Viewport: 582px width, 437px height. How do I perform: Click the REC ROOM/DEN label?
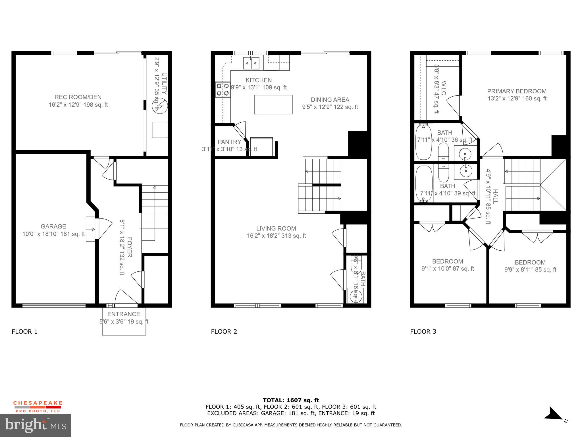point(78,97)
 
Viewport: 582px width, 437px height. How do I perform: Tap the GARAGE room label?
point(53,226)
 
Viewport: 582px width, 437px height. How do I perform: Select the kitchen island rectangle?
point(273,105)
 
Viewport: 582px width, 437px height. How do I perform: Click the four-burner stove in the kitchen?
point(223,89)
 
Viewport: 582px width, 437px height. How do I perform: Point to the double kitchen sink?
point(251,63)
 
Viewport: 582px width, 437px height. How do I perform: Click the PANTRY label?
point(229,142)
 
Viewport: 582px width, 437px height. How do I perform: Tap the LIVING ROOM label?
point(276,228)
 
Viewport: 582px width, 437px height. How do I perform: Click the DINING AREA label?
point(330,100)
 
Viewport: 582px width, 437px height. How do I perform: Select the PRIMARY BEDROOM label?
point(517,91)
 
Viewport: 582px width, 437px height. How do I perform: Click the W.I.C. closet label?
point(444,88)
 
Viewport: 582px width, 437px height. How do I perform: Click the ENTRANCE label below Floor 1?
point(124,314)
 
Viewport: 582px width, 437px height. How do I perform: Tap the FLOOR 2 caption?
point(224,331)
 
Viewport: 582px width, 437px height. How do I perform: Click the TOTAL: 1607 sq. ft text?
point(291,400)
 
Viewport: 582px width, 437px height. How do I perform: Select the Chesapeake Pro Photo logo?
point(38,407)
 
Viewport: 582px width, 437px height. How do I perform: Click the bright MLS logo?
point(36,425)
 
